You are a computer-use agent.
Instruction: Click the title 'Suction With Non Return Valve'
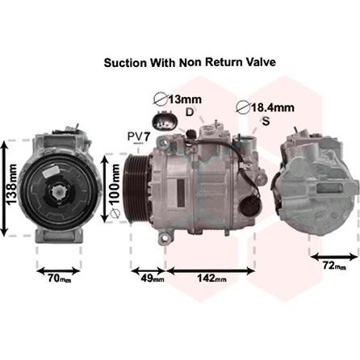(190, 62)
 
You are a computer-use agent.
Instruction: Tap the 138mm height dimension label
(11, 184)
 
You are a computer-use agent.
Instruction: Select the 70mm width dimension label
(60, 278)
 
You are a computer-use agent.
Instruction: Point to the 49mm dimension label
(153, 278)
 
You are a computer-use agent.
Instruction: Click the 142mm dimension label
(211, 278)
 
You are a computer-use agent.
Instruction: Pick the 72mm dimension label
(334, 266)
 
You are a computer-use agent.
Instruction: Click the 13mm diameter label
(178, 100)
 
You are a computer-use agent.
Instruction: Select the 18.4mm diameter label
(265, 107)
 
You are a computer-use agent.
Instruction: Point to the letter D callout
(190, 112)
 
